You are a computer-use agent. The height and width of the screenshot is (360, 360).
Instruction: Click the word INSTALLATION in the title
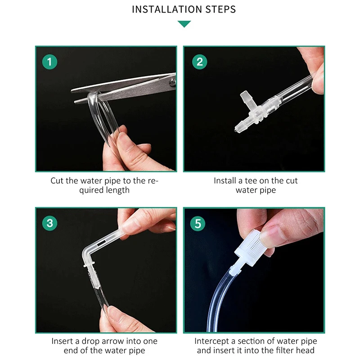pyautogui.click(x=167, y=9)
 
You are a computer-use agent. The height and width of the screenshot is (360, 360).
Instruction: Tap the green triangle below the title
pyautogui.click(x=184, y=24)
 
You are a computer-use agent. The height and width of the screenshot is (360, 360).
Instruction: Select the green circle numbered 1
pyautogui.click(x=49, y=62)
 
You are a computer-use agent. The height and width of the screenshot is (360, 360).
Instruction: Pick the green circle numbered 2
pyautogui.click(x=199, y=62)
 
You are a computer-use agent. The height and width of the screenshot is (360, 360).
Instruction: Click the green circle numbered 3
pyautogui.click(x=49, y=223)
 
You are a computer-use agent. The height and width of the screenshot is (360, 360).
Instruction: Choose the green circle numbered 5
pyautogui.click(x=198, y=224)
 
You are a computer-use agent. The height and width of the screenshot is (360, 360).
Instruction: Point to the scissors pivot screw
pyautogui.click(x=172, y=82)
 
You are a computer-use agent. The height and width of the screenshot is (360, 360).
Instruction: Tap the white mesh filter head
pyautogui.click(x=249, y=248)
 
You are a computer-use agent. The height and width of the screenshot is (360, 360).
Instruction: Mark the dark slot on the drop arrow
pyautogui.click(x=101, y=243)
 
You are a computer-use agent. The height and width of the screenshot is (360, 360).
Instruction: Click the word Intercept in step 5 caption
pyautogui.click(x=211, y=342)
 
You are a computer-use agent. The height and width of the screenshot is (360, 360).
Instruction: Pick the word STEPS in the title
pyautogui.click(x=220, y=9)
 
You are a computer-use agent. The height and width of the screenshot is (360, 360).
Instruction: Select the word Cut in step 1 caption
pyautogui.click(x=57, y=181)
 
